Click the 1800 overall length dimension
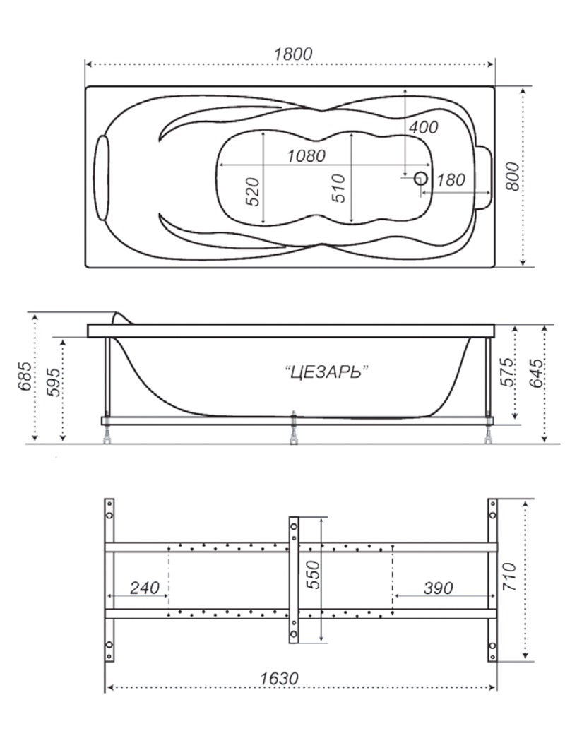coord(293,54)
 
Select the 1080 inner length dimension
coord(306,156)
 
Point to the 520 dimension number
coord(252,191)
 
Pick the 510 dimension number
coord(338,188)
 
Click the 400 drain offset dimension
coord(423,126)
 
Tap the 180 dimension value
coord(451,180)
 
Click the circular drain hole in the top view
coord(420,178)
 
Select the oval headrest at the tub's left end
coord(102,178)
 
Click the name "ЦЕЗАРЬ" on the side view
coord(326,373)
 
